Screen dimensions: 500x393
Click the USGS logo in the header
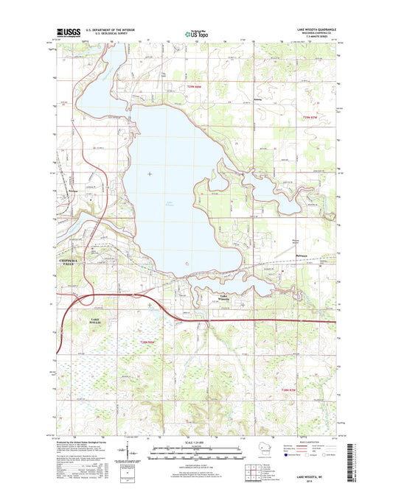click(x=66, y=32)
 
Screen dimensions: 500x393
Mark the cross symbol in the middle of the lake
click(x=150, y=174)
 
